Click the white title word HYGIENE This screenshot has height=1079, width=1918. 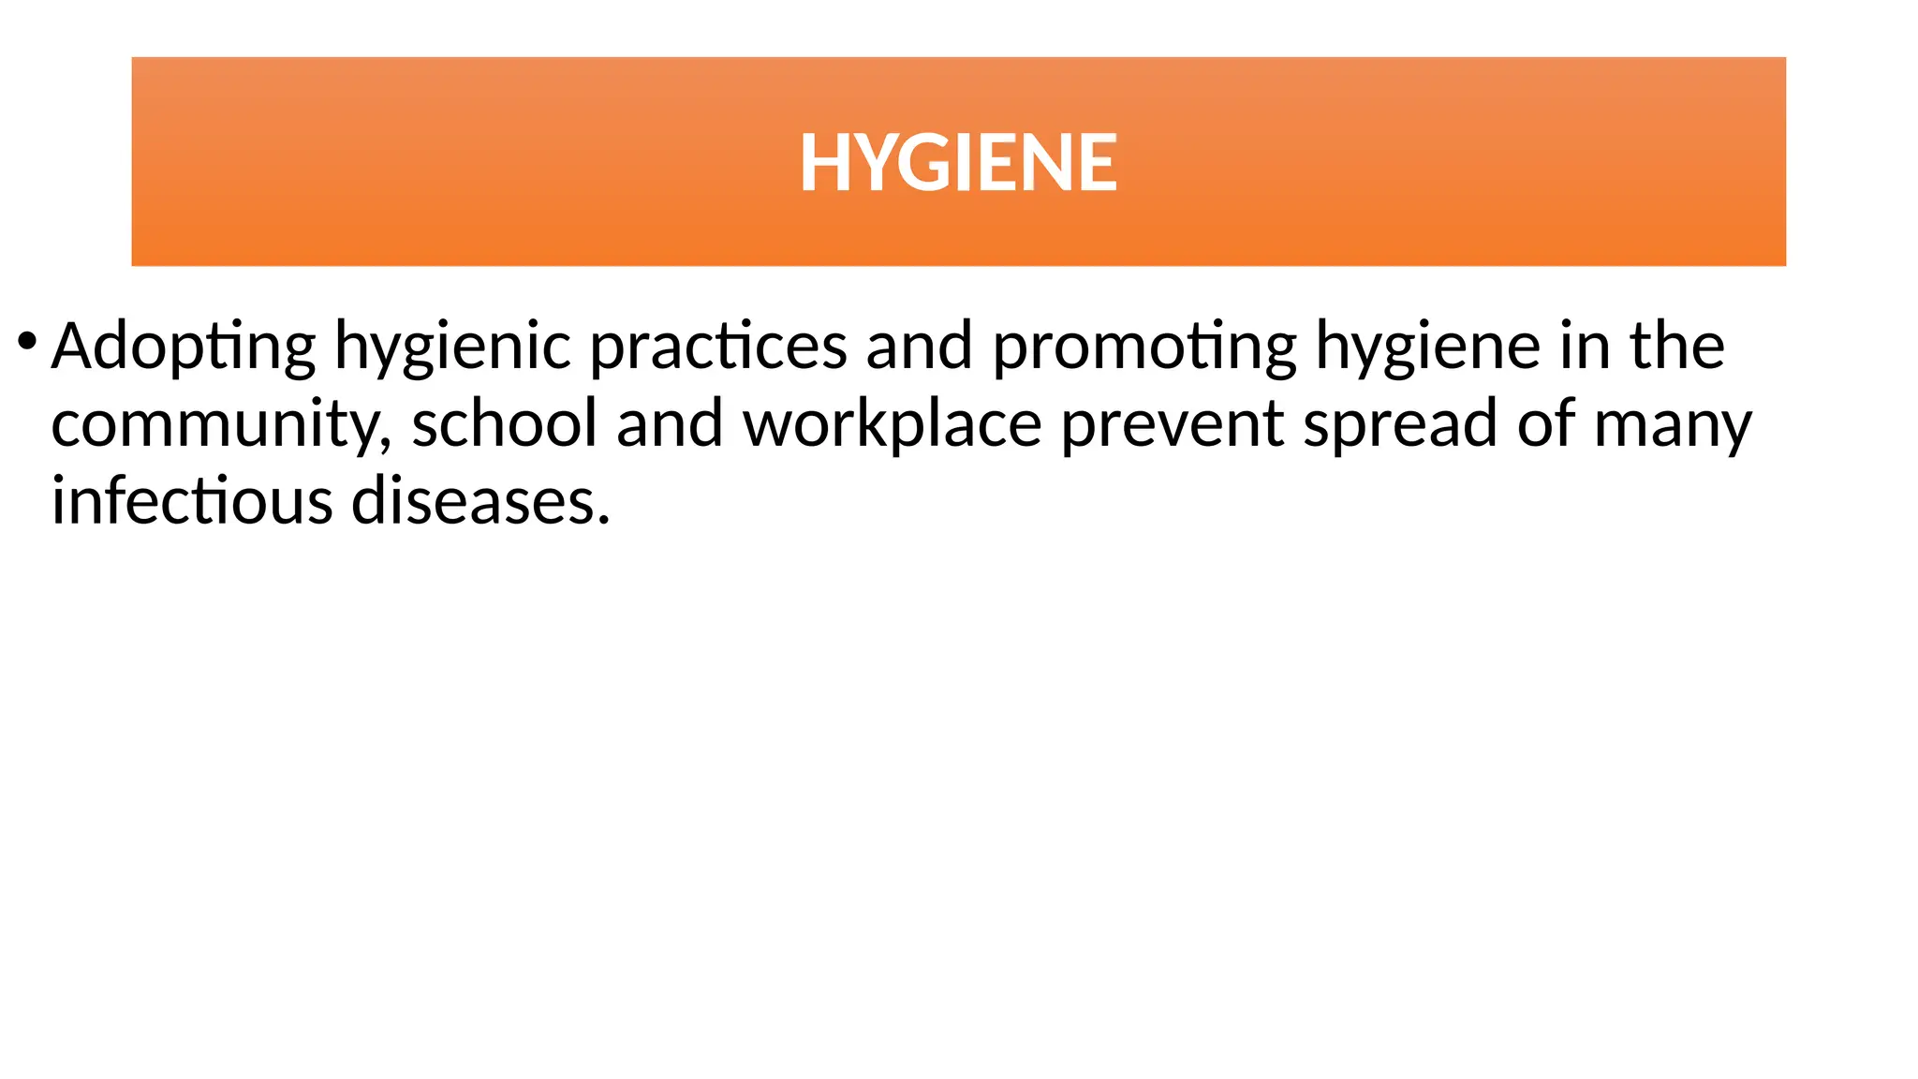coord(958,163)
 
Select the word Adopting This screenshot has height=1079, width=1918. coord(184,347)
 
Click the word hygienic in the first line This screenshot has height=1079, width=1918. coord(452,347)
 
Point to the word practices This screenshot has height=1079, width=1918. coord(717,347)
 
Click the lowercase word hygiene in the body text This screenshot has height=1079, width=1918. coord(1427,347)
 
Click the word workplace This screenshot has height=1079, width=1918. coord(892,424)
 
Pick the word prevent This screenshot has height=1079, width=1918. coord(1172,424)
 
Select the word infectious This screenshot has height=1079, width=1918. coord(192,500)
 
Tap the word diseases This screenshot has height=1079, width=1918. coord(473,500)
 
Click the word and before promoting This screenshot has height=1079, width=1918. coord(919,347)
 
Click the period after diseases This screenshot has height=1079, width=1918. coord(604,519)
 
